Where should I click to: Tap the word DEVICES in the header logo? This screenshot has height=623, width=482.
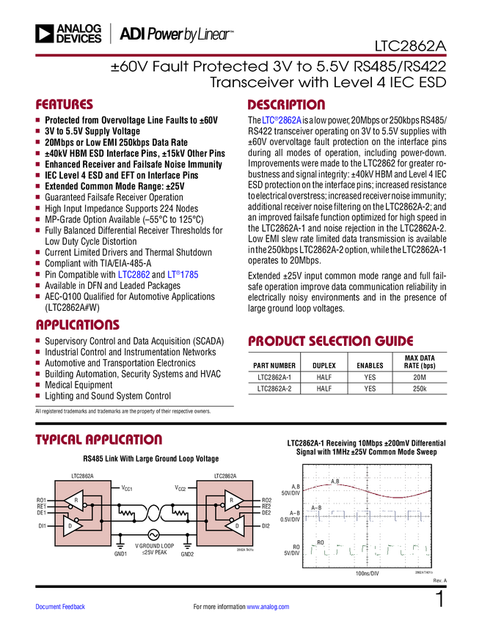pyautogui.click(x=78, y=39)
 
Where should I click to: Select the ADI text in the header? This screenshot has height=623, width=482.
pyautogui.click(x=131, y=34)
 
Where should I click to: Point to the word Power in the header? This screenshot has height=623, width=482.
pyautogui.click(x=167, y=34)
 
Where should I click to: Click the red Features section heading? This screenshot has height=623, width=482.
pyautogui.click(x=65, y=105)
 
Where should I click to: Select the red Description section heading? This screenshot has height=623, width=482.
pyautogui.click(x=286, y=105)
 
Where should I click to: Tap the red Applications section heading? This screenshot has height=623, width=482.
pyautogui.click(x=78, y=325)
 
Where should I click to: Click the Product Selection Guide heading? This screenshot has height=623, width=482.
pyautogui.click(x=330, y=341)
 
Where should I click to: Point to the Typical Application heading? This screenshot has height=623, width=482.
pyautogui.click(x=98, y=440)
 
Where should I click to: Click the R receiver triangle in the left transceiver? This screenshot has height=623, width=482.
pyautogui.click(x=76, y=501)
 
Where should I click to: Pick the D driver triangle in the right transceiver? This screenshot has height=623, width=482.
pyautogui.click(x=235, y=526)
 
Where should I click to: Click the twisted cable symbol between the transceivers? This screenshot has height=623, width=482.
pyautogui.click(x=155, y=513)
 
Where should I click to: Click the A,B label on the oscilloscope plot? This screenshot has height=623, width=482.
pyautogui.click(x=335, y=482)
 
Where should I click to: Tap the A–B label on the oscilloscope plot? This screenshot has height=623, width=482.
pyautogui.click(x=316, y=508)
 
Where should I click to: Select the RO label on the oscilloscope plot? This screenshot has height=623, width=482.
pyautogui.click(x=320, y=543)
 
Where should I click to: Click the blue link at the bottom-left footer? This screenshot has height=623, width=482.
pyautogui.click(x=61, y=607)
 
